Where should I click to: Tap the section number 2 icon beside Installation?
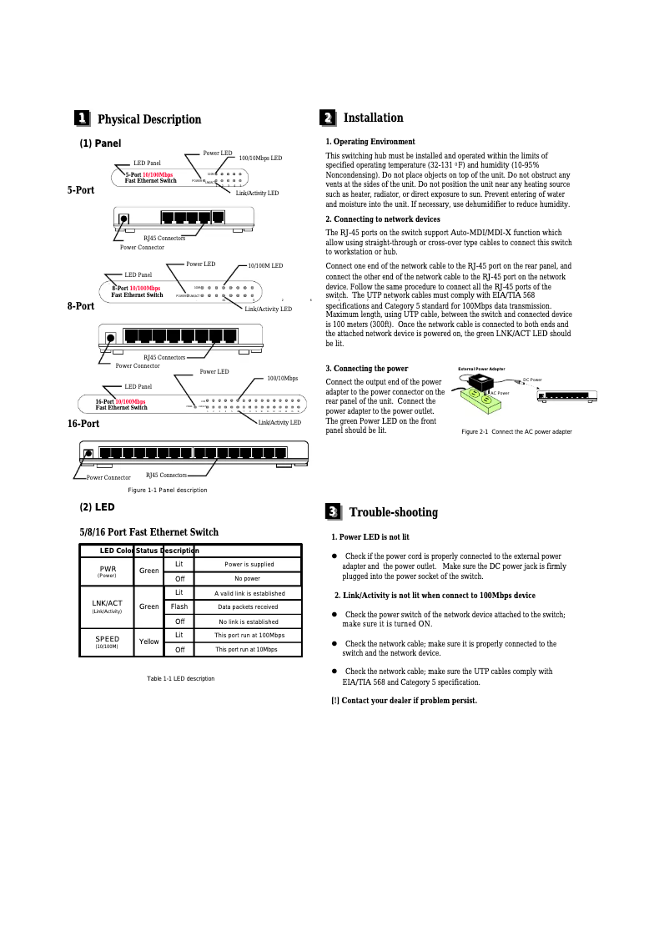[x=329, y=118]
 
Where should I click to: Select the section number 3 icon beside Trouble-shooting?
[x=332, y=511]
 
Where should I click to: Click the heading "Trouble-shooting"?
[x=393, y=512]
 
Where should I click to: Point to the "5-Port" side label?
[x=81, y=191]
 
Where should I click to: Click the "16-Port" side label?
[x=83, y=424]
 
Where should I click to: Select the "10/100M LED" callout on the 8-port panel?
[x=265, y=265]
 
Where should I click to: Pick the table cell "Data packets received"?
[x=248, y=607]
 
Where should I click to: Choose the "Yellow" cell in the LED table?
[x=149, y=642]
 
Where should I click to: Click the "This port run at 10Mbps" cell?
[x=246, y=649]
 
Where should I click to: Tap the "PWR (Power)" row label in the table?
[x=107, y=571]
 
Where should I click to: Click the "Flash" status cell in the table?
[x=179, y=606]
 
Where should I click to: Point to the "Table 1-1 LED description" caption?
[x=180, y=678]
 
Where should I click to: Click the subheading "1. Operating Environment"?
[x=370, y=142]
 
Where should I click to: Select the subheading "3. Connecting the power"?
[x=366, y=368]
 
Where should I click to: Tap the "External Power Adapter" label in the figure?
[x=481, y=369]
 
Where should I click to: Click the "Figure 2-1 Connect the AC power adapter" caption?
[x=516, y=431]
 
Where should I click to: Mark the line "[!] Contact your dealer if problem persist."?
[x=404, y=700]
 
